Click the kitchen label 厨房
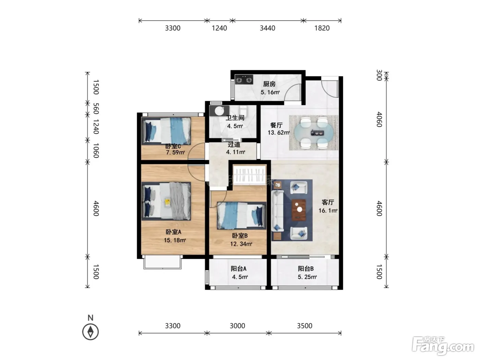pos(269,84)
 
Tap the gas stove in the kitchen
pos(244,80)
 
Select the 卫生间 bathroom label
pos(235,118)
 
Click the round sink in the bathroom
pos(219,111)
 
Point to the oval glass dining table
pos(314,132)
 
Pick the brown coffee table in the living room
pos(299,210)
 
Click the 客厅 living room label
pos(327,202)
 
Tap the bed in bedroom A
pos(166,201)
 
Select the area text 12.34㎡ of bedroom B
pos(241,244)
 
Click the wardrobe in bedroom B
pos(250,175)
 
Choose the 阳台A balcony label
pos(238,269)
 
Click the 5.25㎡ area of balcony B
pos(307,277)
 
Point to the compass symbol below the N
pos(90,332)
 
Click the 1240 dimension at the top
pos(219,28)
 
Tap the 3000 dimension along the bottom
pos(237,326)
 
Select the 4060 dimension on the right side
pos(379,119)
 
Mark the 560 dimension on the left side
pos(96,109)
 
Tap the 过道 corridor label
pos(234,144)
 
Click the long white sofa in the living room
pos(277,211)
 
